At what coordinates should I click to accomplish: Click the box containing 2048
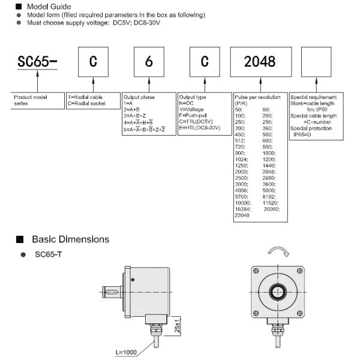tap(261, 62)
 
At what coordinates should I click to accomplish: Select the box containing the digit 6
tap(149, 62)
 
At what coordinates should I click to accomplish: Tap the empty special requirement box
tap(316, 62)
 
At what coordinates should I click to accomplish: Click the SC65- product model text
tap(37, 62)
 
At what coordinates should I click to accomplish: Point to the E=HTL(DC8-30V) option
tap(200, 128)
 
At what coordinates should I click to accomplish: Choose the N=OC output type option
tap(186, 103)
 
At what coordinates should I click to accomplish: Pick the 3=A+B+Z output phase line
tap(134, 115)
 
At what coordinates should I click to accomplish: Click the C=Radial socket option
tap(86, 103)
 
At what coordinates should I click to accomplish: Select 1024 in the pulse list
tap(241, 160)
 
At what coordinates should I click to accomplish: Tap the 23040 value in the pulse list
tap(242, 215)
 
